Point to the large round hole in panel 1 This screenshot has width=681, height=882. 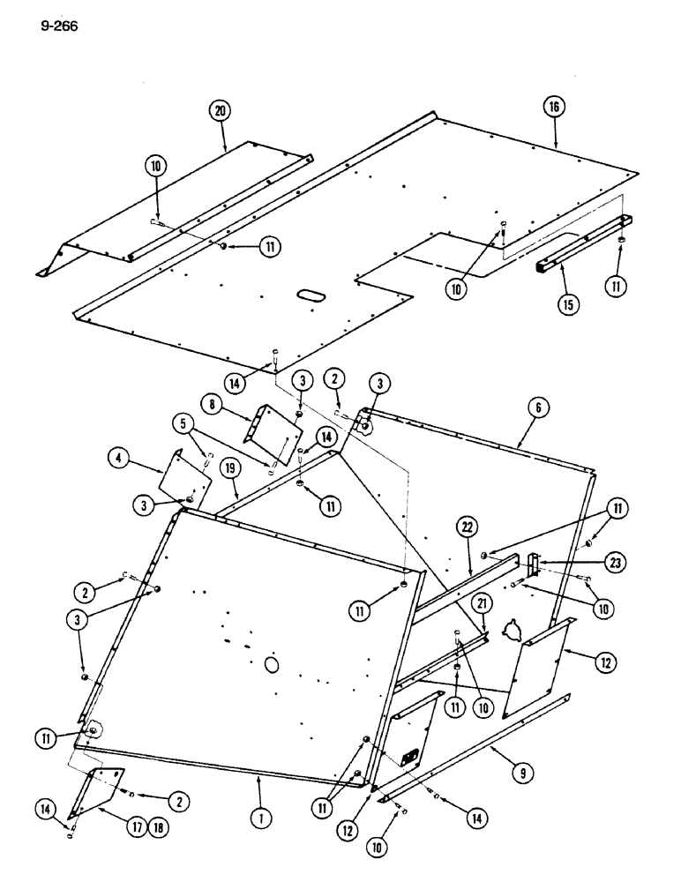(x=271, y=661)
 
